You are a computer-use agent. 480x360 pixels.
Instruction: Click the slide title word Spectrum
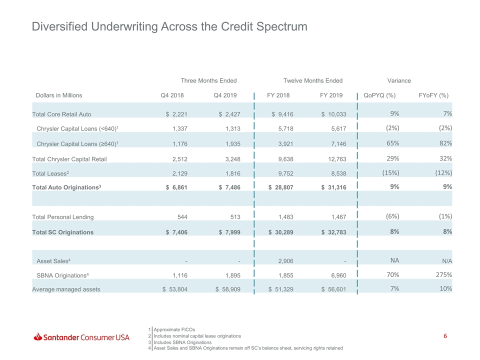click(x=281, y=26)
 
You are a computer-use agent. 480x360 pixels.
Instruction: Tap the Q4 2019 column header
click(x=225, y=95)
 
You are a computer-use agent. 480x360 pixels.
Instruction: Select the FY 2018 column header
click(x=278, y=95)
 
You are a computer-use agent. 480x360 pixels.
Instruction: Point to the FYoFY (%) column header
click(x=433, y=95)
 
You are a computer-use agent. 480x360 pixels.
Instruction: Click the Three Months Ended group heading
click(x=208, y=80)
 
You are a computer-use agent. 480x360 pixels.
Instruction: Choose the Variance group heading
click(x=399, y=80)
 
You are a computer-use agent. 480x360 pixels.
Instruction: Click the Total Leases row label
click(x=50, y=173)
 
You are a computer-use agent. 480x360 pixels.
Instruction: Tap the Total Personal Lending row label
click(x=63, y=217)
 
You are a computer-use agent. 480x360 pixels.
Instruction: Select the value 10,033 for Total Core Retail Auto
click(x=337, y=114)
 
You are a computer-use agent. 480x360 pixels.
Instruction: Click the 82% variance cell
click(x=445, y=143)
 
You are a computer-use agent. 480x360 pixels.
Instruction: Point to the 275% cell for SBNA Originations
click(x=444, y=275)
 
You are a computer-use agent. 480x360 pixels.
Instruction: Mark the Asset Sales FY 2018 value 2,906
click(x=285, y=261)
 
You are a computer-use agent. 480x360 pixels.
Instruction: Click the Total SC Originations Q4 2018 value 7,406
click(x=179, y=232)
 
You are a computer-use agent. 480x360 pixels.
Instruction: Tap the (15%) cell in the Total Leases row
click(x=390, y=173)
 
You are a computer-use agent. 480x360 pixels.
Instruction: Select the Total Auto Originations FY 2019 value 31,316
click(x=337, y=187)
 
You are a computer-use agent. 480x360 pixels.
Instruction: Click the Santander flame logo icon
click(x=37, y=336)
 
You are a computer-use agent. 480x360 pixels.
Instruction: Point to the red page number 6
click(x=445, y=336)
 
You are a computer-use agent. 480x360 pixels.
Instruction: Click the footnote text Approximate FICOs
click(x=174, y=329)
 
